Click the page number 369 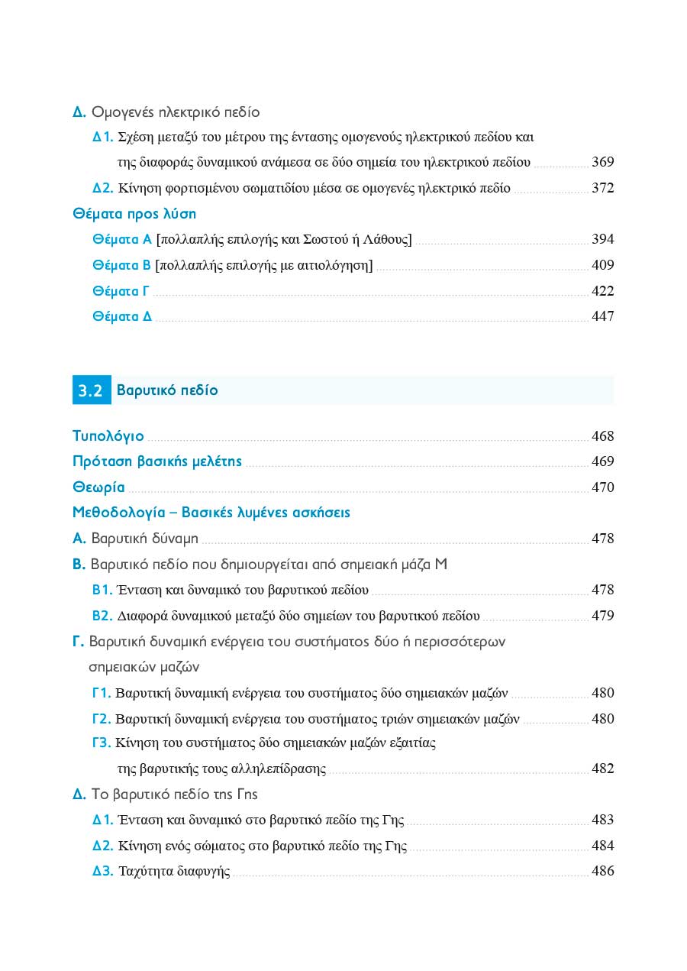click(x=602, y=162)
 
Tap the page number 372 click(x=602, y=188)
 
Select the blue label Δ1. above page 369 click(x=103, y=138)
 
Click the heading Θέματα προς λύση click(x=134, y=214)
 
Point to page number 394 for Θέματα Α click(x=602, y=240)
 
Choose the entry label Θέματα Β click(x=121, y=266)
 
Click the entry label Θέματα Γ click(x=121, y=291)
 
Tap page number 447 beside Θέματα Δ click(x=602, y=316)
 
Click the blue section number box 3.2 click(x=91, y=390)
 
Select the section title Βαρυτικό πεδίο click(x=167, y=390)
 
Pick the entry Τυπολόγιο click(x=108, y=436)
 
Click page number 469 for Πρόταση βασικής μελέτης click(x=602, y=461)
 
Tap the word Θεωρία click(x=98, y=487)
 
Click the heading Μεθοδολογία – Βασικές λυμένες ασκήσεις click(x=211, y=512)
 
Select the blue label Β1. click(x=102, y=590)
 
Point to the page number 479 click(x=602, y=616)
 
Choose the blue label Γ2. click(x=102, y=719)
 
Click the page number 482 click(x=602, y=769)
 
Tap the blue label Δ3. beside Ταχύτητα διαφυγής click(x=103, y=871)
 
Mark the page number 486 click(x=602, y=871)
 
